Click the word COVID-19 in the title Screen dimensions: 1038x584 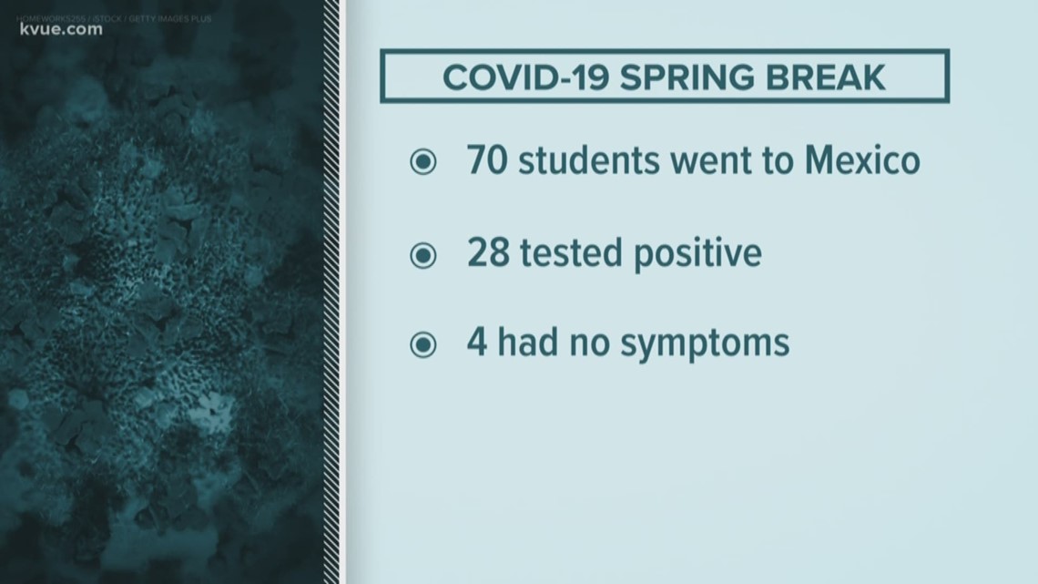tap(525, 77)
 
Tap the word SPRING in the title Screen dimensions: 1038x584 tap(687, 77)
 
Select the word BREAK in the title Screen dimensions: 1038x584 tap(826, 77)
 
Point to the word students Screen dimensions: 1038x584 tap(589, 160)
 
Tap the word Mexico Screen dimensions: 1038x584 tap(862, 160)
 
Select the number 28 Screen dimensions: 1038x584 tap(488, 252)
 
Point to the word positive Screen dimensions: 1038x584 tap(697, 254)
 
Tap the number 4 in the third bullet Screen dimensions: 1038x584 tap(477, 343)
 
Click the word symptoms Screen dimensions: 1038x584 tap(705, 345)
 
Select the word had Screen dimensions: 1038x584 tap(527, 342)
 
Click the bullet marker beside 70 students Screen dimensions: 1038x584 tap(423, 161)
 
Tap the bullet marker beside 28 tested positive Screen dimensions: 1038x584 tap(423, 255)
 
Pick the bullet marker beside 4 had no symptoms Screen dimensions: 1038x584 tap(423, 344)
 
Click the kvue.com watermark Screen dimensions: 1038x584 tap(61, 30)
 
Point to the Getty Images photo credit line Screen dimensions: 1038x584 tap(114, 18)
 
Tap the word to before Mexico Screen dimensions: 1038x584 tap(775, 162)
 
